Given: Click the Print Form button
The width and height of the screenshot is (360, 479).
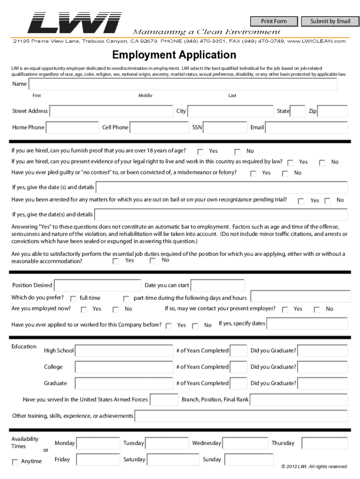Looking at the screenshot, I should (274, 21).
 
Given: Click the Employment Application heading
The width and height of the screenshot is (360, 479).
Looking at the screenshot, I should (174, 55).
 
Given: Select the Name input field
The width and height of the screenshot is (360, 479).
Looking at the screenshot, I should (183, 84).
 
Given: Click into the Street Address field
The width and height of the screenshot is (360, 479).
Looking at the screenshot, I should (111, 111).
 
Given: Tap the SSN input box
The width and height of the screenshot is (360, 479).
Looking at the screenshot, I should (225, 128).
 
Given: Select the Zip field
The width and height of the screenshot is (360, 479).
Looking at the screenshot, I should (333, 111).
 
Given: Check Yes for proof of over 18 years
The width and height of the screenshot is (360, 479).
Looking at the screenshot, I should (201, 152).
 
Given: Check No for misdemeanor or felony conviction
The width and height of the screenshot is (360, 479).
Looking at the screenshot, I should (285, 174).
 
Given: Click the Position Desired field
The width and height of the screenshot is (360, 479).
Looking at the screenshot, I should (98, 285).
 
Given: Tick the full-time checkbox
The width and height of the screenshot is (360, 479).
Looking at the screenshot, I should (73, 298).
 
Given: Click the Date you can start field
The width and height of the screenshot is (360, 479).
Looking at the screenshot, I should (217, 285).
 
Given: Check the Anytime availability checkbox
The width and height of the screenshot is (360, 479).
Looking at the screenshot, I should (15, 462).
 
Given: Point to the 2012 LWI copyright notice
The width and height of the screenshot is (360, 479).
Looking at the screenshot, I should (314, 466).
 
